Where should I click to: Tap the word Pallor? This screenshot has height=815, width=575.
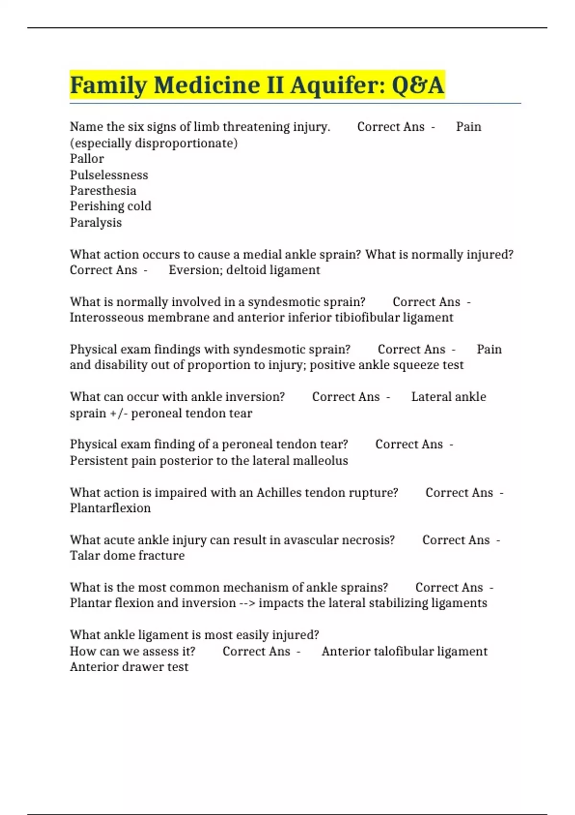click(87, 159)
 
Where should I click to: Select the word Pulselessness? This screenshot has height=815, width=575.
click(109, 175)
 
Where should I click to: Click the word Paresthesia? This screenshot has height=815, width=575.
click(103, 191)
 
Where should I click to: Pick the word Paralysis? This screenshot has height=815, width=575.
click(96, 222)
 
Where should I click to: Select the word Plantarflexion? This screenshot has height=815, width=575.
click(110, 508)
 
